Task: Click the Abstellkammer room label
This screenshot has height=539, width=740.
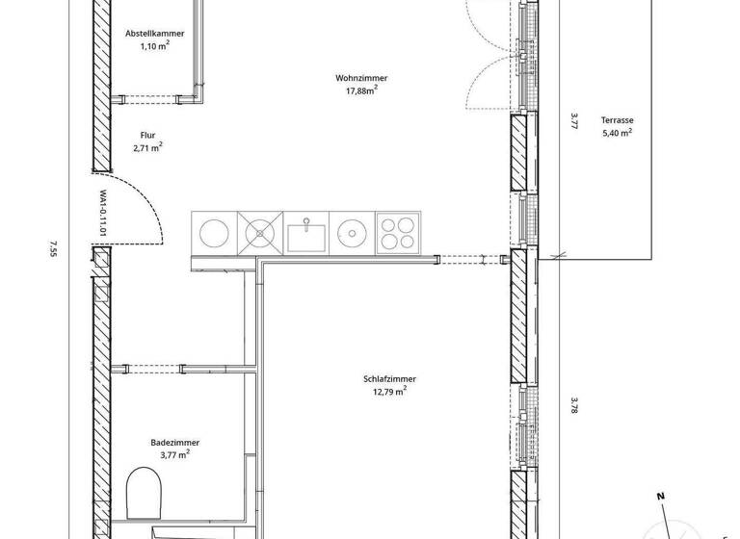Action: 154,34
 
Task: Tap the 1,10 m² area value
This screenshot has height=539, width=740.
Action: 154,45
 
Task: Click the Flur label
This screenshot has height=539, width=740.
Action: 147,136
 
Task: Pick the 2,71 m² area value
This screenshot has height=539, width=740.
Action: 147,148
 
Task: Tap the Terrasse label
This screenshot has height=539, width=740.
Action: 617,120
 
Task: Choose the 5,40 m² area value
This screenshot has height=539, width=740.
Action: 617,133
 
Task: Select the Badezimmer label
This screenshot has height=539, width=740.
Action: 174,442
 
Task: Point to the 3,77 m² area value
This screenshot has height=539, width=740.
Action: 174,454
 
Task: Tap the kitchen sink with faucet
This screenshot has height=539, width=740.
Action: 305,233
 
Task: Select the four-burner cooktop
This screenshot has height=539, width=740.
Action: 397,233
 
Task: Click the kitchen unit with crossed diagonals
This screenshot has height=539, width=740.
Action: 259,233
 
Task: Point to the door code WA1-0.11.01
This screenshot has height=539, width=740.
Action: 101,215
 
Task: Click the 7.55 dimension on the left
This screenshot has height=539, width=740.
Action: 53,250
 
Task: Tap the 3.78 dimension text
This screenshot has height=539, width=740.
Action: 573,405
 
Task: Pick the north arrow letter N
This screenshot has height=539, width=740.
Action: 660,496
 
